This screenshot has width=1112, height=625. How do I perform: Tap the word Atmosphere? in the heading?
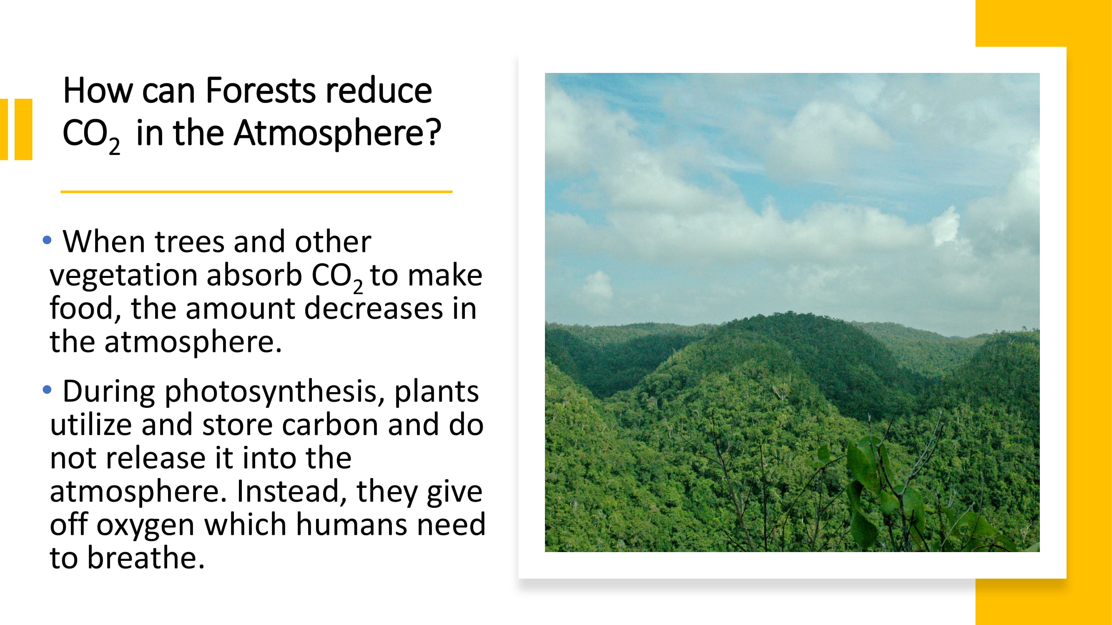(338, 134)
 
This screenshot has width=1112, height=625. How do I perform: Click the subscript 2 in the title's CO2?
(114, 146)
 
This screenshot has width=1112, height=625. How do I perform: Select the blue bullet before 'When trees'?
(47, 240)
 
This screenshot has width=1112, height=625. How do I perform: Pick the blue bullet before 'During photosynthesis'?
(47, 390)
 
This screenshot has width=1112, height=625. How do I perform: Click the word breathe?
(146, 557)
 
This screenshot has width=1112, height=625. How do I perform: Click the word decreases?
(374, 308)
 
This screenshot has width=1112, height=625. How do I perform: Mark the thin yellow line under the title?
(256, 192)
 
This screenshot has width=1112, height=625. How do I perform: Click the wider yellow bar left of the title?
(23, 130)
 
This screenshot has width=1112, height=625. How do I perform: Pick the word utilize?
(90, 425)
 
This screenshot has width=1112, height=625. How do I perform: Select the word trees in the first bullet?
(190, 242)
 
